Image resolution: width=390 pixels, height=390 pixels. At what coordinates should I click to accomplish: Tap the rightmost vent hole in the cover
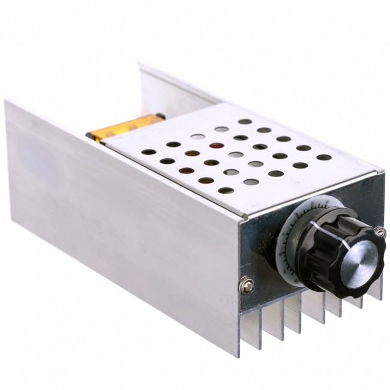tap(324, 158)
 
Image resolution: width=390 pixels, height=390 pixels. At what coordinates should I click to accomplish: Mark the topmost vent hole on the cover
tap(244, 121)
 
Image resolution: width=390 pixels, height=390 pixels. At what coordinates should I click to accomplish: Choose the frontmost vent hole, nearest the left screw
tap(226, 191)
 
